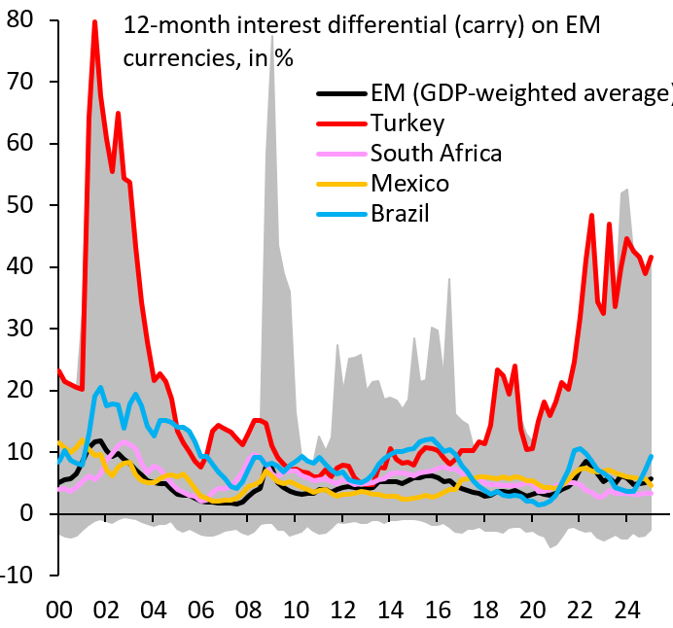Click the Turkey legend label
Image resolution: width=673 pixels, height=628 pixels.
[407, 122]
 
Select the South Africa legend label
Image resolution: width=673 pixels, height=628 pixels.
[436, 153]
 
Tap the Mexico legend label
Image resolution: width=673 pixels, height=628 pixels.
[409, 183]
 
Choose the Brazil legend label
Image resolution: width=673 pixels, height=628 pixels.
[400, 213]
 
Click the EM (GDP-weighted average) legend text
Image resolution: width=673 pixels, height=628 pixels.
[521, 93]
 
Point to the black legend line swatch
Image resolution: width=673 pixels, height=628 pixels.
[341, 94]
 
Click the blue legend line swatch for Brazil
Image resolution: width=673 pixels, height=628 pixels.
[341, 214]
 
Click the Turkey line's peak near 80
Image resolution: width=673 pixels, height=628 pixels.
[94, 21]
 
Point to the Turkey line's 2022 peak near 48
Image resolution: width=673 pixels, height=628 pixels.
[591, 216]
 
